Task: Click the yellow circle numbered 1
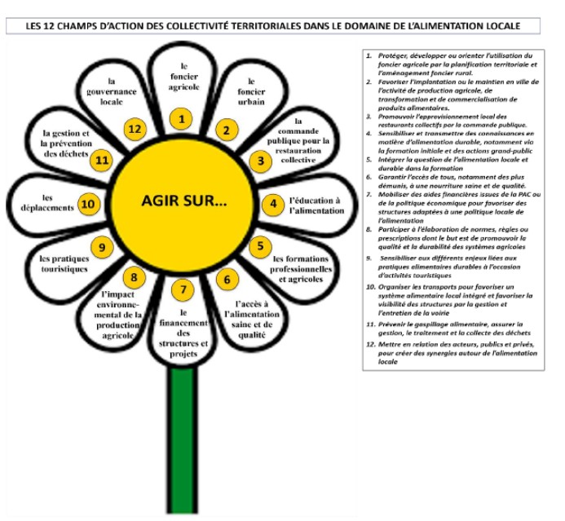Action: [x=183, y=119]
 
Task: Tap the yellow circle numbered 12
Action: [x=135, y=129]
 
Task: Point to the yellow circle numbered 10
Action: [x=89, y=205]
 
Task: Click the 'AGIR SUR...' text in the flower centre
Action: [x=183, y=201]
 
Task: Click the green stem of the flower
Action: [x=183, y=440]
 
